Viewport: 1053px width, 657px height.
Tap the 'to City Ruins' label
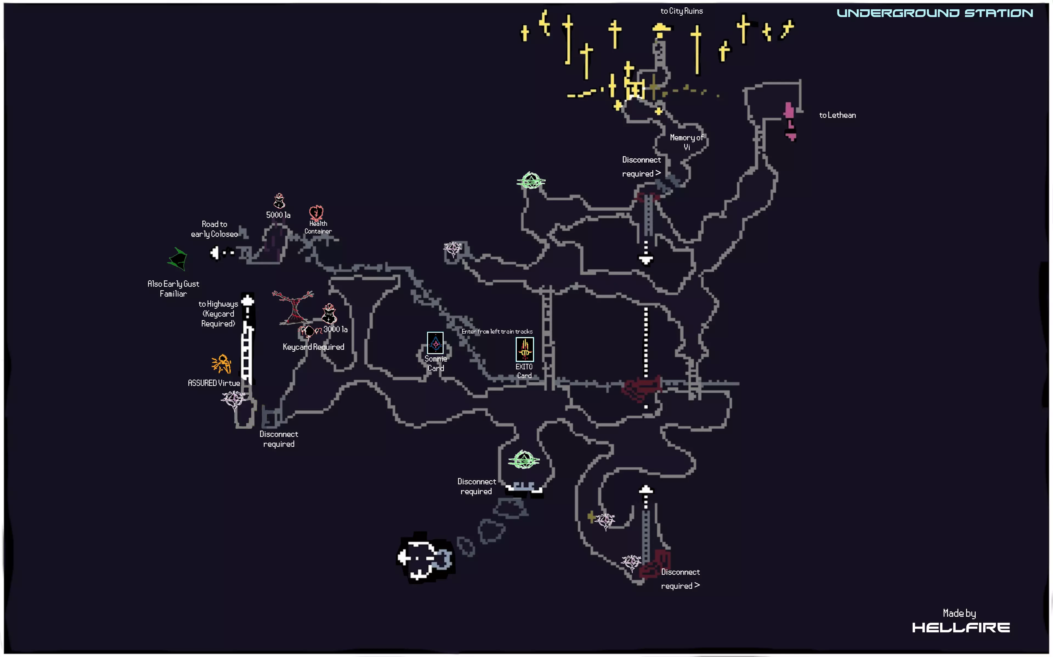coord(681,11)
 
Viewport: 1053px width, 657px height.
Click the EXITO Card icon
coord(525,349)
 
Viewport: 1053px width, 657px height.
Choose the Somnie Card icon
coord(435,343)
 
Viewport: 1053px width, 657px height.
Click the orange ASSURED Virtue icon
coord(221,364)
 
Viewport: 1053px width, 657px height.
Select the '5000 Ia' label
coord(278,215)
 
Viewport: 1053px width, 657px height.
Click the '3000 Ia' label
coord(335,329)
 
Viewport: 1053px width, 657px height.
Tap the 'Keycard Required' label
coord(313,347)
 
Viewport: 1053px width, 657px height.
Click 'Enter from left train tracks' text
coord(497,332)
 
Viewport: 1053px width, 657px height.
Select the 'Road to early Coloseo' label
coord(214,229)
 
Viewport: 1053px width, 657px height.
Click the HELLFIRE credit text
coord(960,627)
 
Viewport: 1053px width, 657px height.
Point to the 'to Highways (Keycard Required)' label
coord(218,314)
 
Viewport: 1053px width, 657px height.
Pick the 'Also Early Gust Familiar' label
coord(173,289)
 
